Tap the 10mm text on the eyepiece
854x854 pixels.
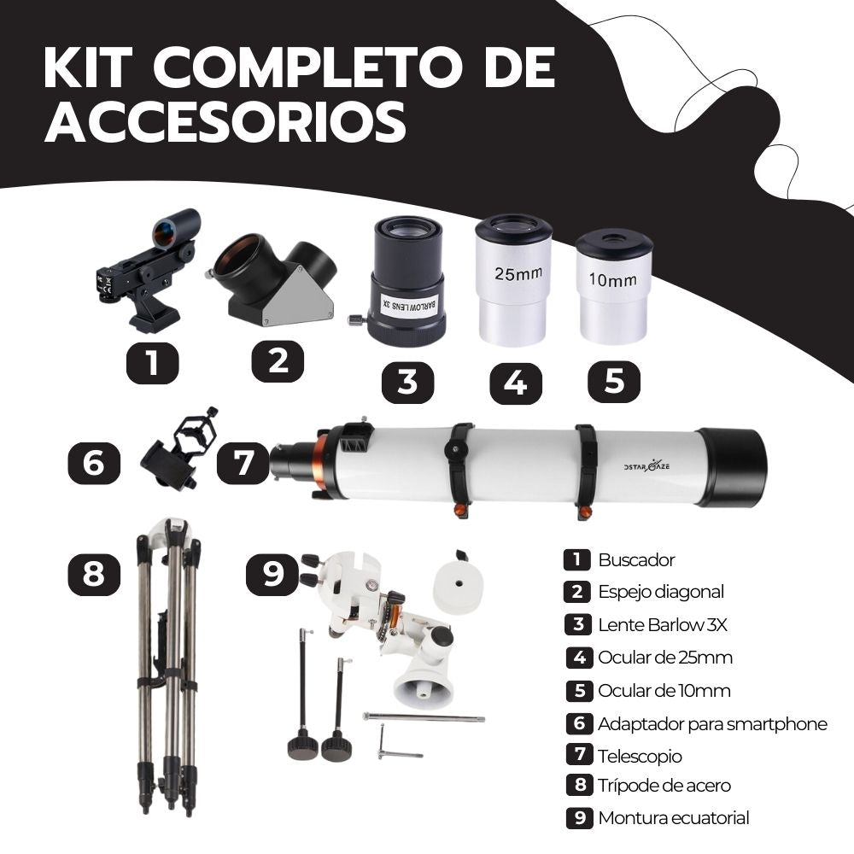tap(612, 279)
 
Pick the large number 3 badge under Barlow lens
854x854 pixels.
tap(407, 382)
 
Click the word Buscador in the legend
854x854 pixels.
tap(636, 560)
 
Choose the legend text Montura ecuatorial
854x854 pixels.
tap(673, 818)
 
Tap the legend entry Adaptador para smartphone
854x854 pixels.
tap(712, 724)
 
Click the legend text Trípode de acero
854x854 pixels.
tap(664, 786)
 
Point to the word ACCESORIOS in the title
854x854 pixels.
tap(225, 122)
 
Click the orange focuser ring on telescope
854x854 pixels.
tap(321, 462)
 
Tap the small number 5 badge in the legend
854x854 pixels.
tap(578, 691)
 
